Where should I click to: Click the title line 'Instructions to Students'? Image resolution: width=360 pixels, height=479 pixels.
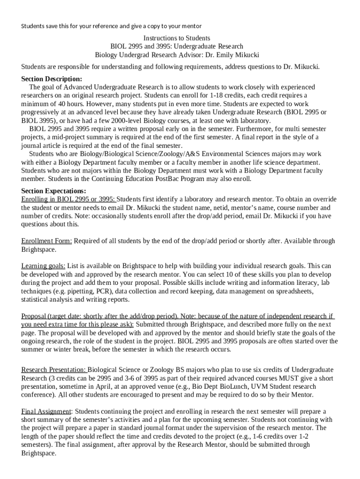pos(177,38)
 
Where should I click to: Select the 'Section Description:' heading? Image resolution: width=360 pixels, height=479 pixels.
pos(51,79)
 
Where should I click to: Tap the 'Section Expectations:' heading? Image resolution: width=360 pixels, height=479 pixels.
pos(54,191)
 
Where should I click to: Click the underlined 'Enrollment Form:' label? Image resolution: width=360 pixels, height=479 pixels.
pos(47,241)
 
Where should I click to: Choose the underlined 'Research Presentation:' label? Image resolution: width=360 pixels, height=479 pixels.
pos(54,370)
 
